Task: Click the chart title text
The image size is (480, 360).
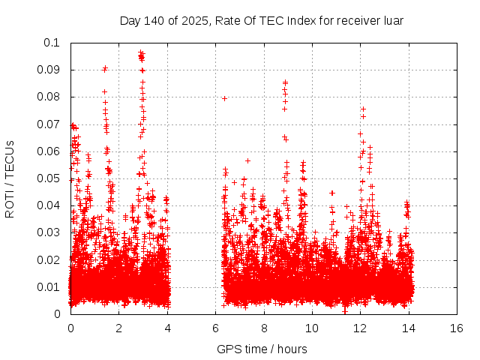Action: (x=262, y=20)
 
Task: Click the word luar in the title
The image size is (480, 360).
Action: (x=392, y=20)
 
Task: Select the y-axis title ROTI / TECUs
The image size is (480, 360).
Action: (x=10, y=178)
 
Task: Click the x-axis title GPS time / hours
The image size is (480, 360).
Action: (x=262, y=349)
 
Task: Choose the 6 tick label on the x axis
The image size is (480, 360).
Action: (x=215, y=328)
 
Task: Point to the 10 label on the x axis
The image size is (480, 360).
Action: (x=312, y=328)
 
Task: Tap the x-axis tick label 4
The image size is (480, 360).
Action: (x=167, y=328)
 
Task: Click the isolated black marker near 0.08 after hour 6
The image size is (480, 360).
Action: (x=224, y=98)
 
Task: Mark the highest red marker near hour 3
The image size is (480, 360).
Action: (x=141, y=52)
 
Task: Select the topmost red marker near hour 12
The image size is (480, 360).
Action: (x=363, y=109)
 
